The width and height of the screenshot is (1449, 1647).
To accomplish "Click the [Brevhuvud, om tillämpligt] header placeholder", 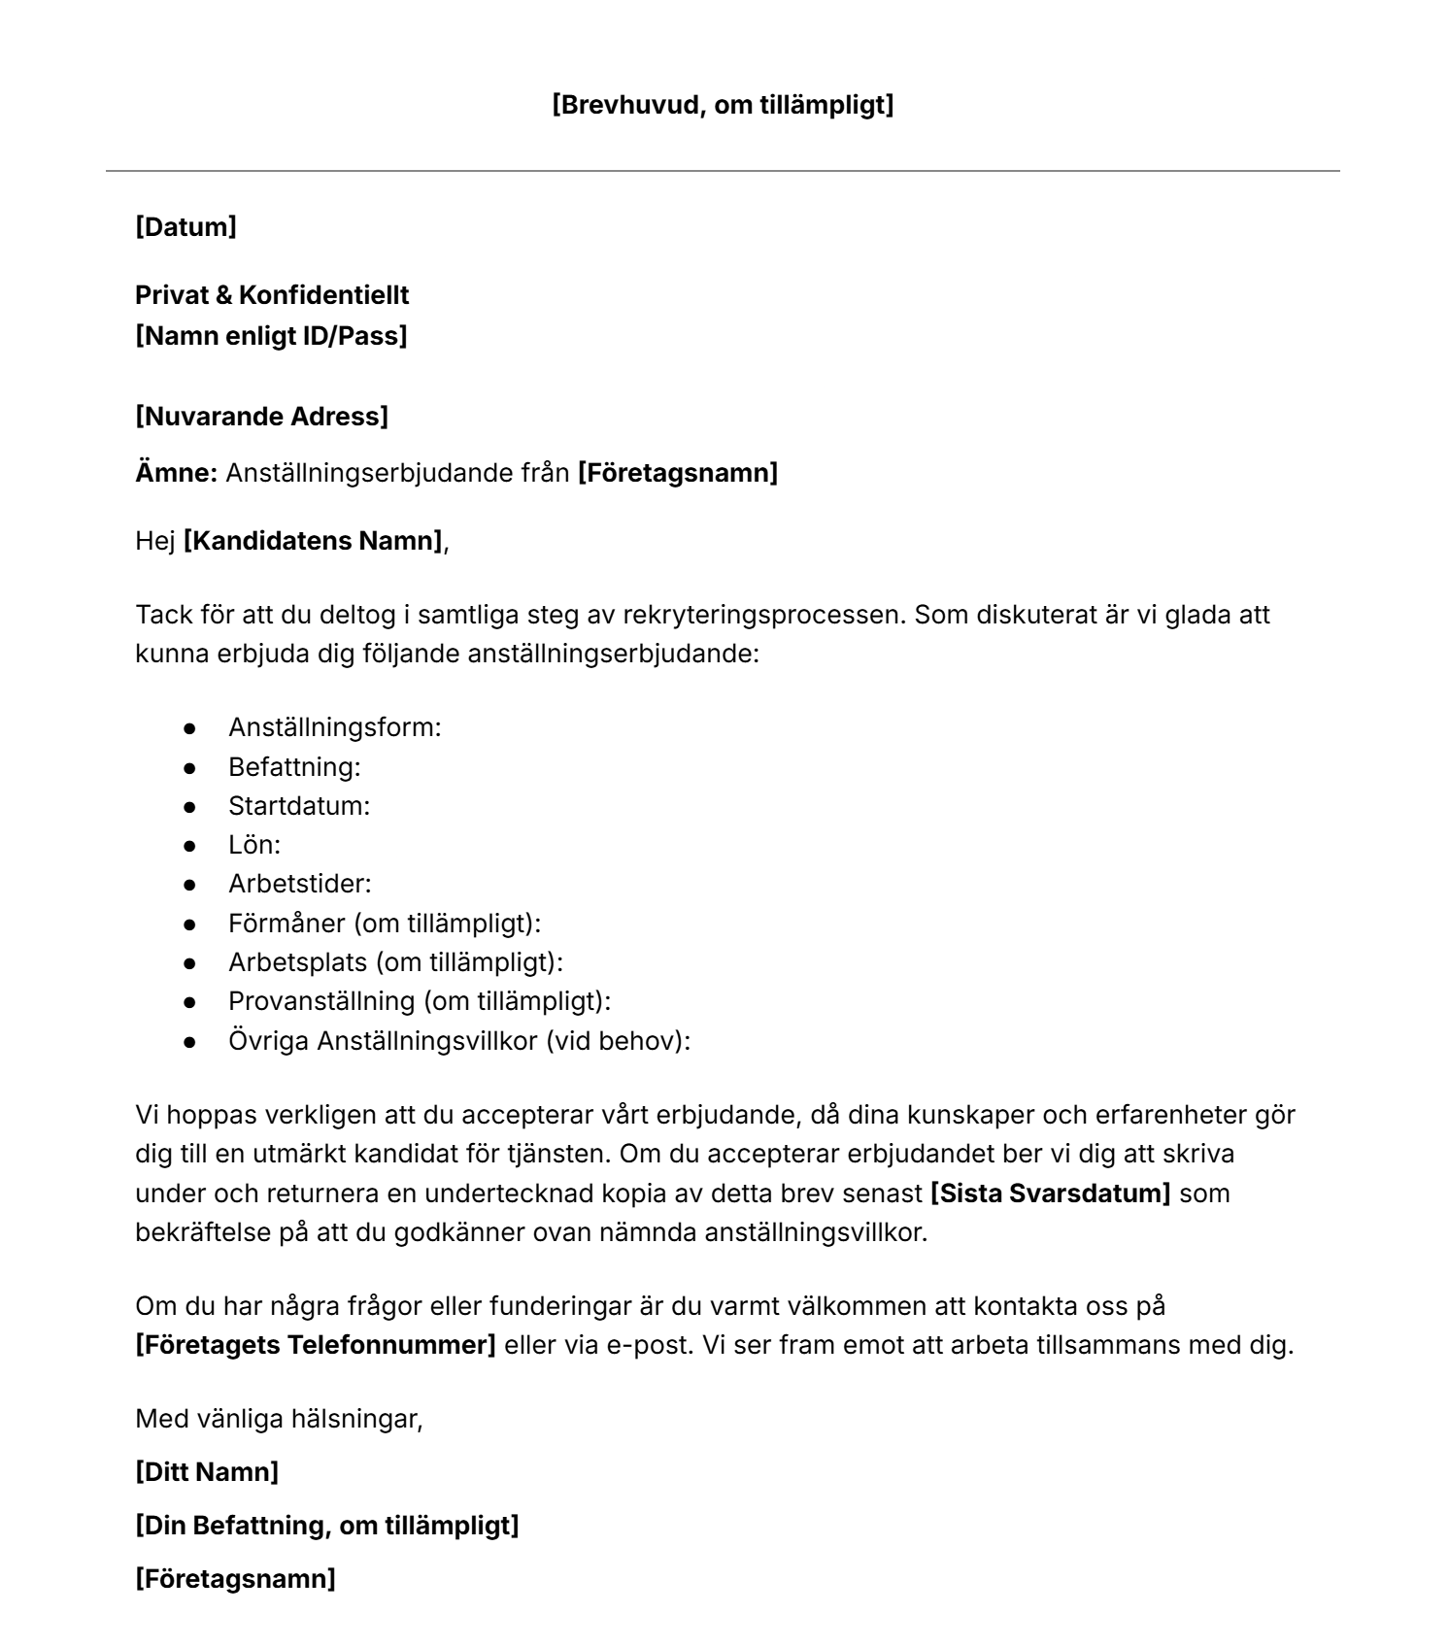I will tap(723, 105).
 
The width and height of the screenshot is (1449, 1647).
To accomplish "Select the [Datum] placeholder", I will tap(185, 227).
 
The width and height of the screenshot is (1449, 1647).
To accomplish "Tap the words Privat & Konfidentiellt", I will tap(272, 295).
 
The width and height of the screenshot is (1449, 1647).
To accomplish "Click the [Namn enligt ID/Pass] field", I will tap(271, 336).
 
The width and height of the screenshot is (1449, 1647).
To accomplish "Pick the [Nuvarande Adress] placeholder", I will tap(261, 417).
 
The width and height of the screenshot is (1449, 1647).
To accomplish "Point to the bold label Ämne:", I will tap(176, 473).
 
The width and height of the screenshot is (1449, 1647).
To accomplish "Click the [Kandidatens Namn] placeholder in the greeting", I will tap(313, 540).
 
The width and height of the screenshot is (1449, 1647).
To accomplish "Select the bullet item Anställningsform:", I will tap(334, 726).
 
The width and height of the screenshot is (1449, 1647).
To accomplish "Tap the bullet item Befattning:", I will tap(294, 766).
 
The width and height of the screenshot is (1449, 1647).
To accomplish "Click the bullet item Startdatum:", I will tap(299, 806).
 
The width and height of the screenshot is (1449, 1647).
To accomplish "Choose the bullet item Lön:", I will tap(254, 845).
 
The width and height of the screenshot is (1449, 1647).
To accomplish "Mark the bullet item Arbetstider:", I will tap(300, 884).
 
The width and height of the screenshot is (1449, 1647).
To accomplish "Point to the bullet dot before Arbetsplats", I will tap(190, 962).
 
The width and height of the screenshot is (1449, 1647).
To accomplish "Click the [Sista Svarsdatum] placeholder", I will tap(1051, 1193).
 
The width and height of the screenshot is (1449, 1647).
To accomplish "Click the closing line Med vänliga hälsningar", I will tap(279, 1419).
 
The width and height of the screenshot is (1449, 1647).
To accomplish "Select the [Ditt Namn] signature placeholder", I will tap(207, 1472).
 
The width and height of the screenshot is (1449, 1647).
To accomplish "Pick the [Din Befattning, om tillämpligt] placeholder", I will tap(326, 1526).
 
